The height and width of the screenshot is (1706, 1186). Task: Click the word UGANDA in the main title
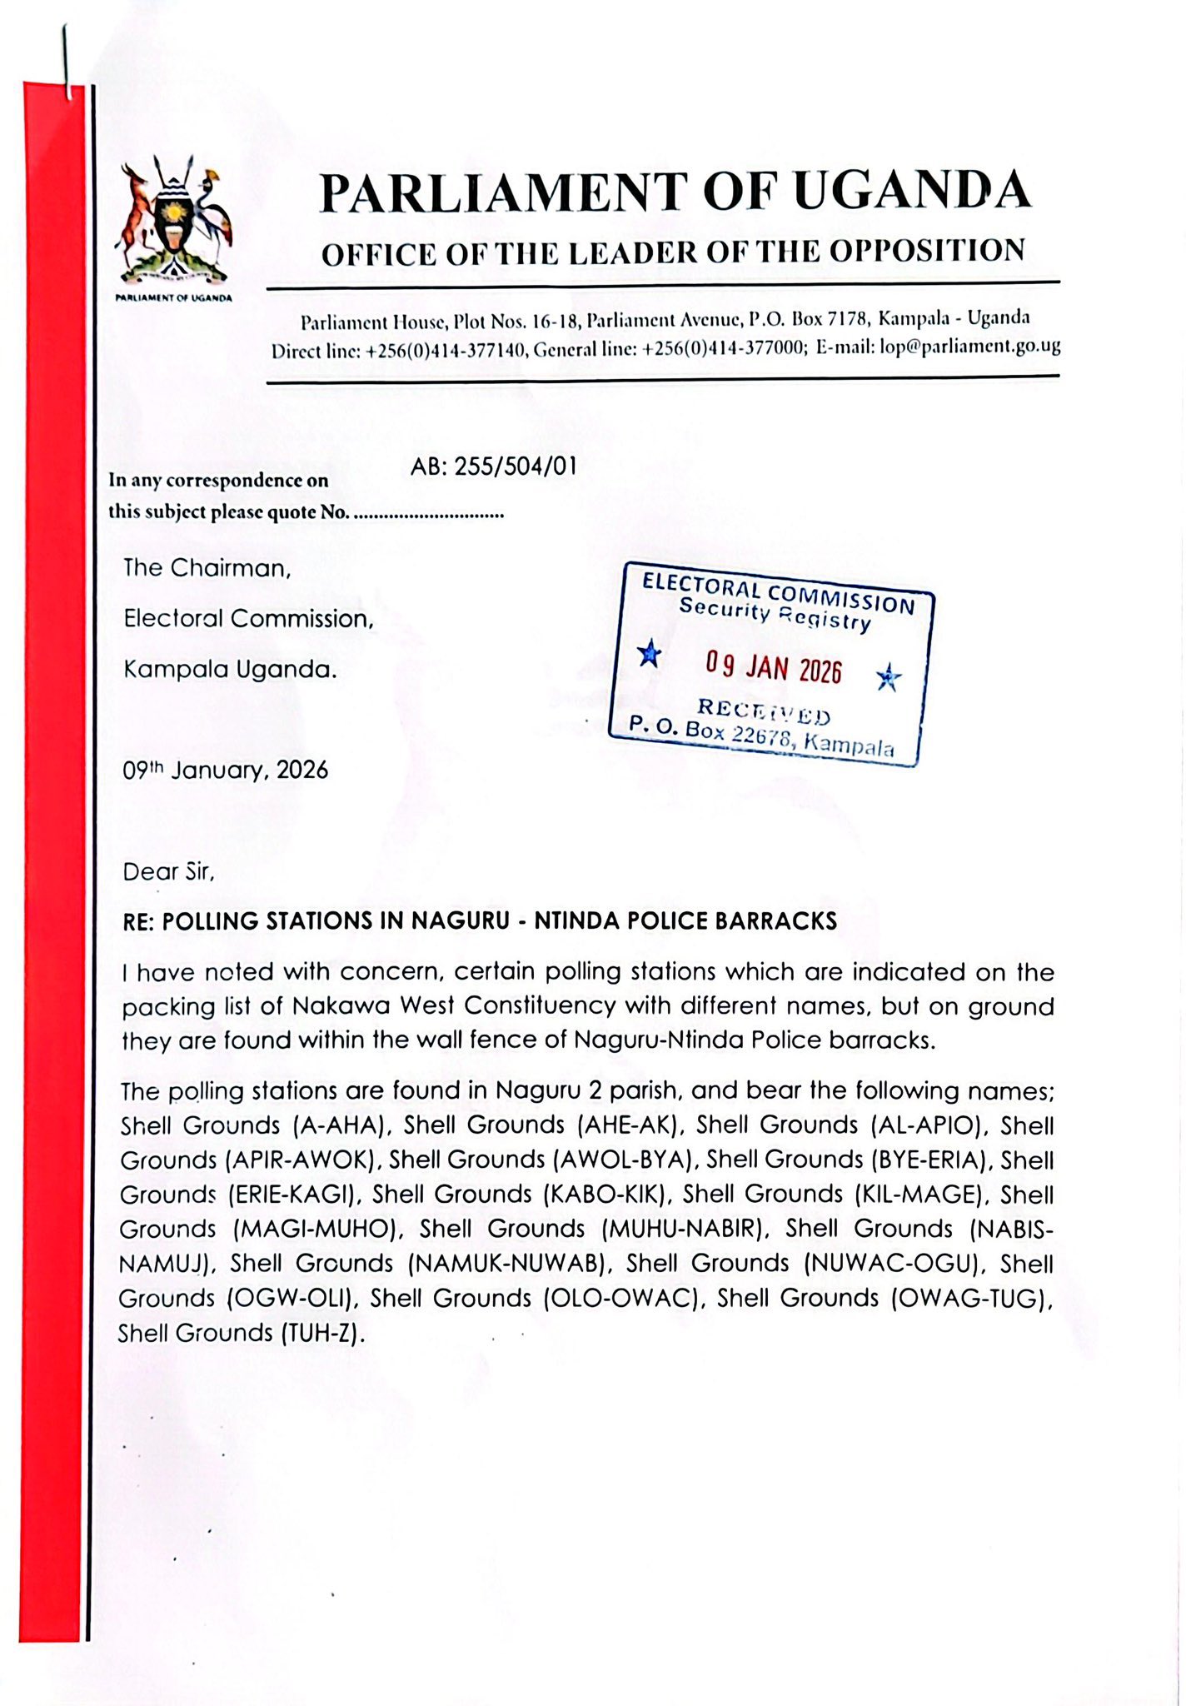911,192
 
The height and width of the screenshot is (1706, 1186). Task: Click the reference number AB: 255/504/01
493,466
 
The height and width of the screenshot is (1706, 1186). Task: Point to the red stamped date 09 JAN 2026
774,667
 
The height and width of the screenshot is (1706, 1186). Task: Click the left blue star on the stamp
649,655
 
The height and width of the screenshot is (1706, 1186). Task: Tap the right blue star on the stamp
889,678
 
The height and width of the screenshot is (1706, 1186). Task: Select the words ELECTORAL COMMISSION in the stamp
778,592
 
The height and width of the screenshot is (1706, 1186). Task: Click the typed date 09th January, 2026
226,770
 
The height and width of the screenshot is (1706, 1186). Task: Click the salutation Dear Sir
169,872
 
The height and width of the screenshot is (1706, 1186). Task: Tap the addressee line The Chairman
207,568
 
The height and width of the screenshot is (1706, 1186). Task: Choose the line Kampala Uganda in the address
231,670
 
